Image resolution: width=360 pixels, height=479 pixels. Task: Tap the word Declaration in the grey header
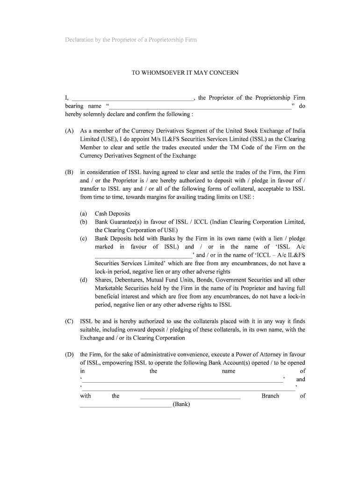[80, 40]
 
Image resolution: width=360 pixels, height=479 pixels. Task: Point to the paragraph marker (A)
[69, 131]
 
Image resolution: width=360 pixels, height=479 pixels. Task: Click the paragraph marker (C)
[69, 321]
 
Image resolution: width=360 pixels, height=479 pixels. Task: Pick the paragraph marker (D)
[69, 355]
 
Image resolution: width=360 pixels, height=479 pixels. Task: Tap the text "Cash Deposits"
[112, 214]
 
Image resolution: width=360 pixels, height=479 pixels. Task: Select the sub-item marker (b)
[84, 222]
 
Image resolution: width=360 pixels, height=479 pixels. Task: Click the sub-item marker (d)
[84, 280]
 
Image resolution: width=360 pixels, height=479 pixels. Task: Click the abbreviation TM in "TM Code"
[235, 148]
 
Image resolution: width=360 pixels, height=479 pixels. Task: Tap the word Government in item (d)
[231, 280]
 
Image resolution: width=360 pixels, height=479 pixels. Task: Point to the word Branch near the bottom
[270, 396]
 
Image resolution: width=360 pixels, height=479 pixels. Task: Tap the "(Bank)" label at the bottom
[181, 404]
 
